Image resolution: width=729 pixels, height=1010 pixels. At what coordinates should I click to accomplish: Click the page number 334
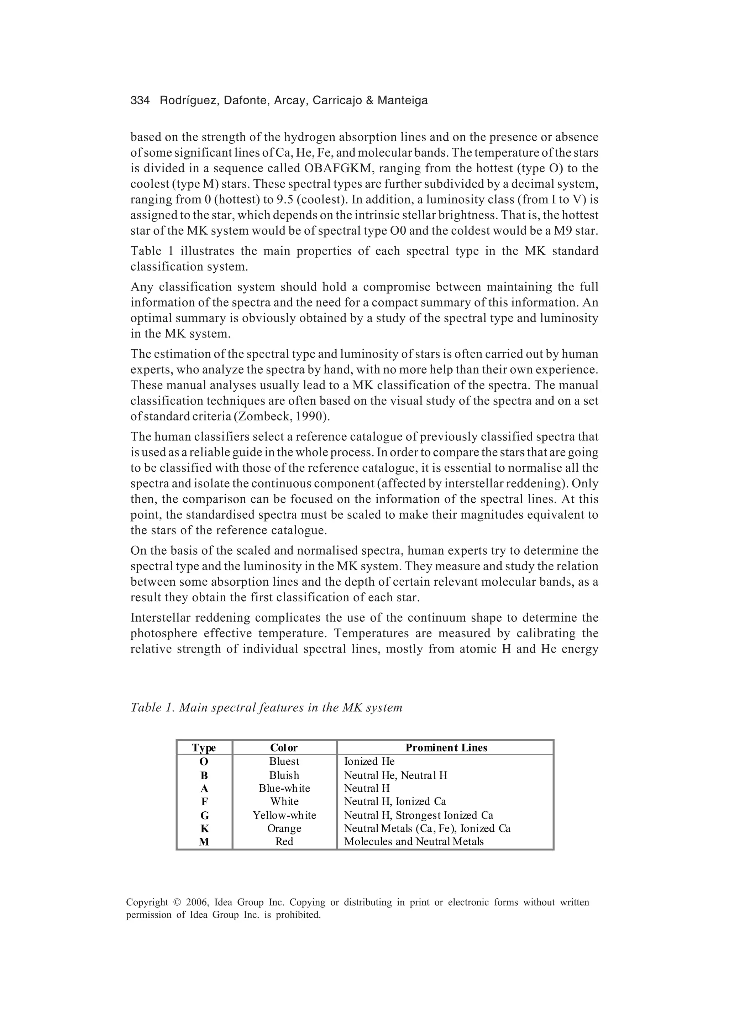(140, 101)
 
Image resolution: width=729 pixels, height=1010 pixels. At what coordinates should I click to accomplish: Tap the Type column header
(204, 748)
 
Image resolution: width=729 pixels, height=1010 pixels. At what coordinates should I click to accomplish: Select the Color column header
(284, 748)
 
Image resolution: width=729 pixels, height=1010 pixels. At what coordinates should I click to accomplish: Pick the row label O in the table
(204, 762)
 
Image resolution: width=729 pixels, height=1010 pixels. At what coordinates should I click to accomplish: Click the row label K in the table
(204, 828)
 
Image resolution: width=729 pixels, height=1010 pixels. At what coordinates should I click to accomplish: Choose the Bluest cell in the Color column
(284, 762)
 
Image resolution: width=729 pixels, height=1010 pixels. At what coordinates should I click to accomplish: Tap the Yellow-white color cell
(284, 815)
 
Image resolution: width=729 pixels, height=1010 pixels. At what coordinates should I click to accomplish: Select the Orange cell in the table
(284, 828)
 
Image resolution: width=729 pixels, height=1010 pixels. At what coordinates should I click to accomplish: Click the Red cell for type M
(284, 841)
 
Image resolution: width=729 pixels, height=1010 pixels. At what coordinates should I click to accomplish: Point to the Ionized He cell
(369, 762)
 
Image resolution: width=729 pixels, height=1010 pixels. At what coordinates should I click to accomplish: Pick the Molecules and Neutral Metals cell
(414, 841)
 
